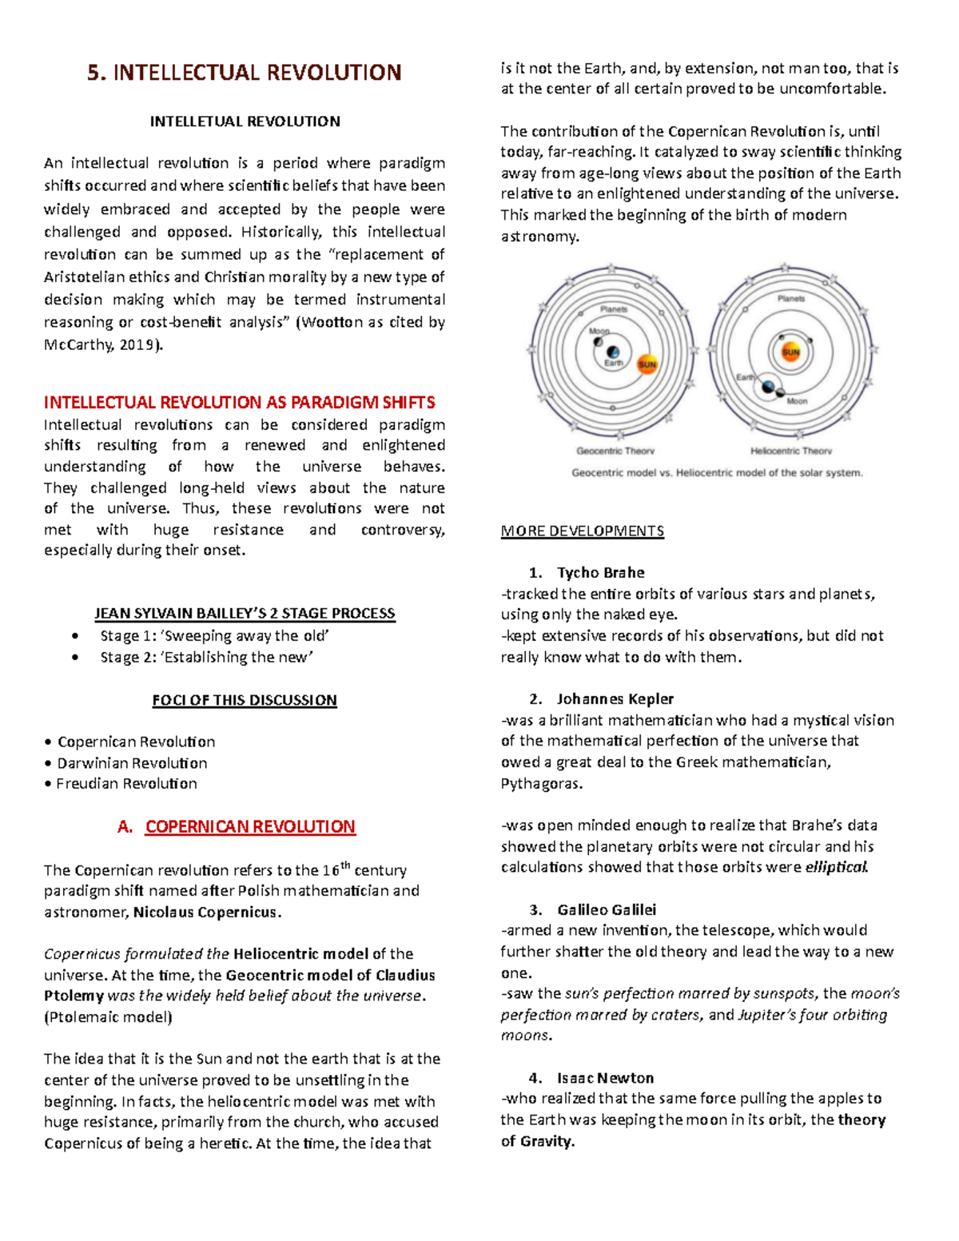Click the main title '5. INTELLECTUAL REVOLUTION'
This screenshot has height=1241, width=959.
[245, 73]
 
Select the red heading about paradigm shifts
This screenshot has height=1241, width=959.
[239, 402]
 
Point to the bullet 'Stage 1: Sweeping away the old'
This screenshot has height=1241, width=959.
[214, 636]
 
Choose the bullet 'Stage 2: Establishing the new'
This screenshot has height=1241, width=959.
[206, 657]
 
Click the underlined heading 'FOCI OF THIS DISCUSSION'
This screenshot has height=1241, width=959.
[245, 700]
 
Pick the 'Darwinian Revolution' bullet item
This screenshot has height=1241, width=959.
[132, 763]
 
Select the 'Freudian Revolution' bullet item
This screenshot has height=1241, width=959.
[126, 784]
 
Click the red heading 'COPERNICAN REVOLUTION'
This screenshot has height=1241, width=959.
[250, 827]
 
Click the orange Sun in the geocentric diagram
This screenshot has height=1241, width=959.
[647, 364]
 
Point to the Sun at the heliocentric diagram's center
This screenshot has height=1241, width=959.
[790, 352]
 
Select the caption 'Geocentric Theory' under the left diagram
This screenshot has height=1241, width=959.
[615, 451]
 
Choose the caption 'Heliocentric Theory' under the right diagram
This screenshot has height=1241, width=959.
[790, 451]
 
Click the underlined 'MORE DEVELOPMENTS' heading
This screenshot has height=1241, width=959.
[582, 531]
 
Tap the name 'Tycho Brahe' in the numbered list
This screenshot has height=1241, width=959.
[600, 573]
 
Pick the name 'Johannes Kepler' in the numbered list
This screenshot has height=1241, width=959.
[615, 699]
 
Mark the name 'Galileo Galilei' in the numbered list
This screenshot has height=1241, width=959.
[607, 909]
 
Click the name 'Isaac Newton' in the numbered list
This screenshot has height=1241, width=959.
[605, 1078]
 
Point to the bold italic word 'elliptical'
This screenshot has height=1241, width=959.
[836, 867]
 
